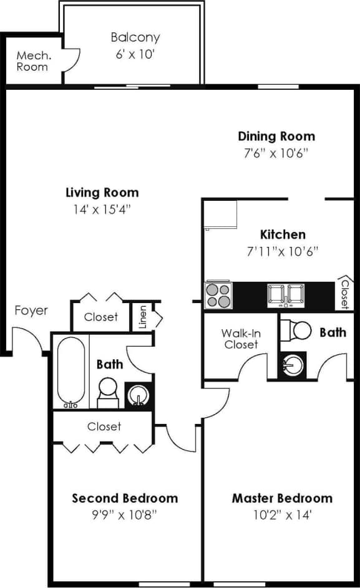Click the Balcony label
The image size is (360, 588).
(135, 37)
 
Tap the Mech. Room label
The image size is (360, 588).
(32, 61)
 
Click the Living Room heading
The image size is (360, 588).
(102, 192)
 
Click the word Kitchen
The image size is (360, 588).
(283, 234)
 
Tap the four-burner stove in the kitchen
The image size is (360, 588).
(218, 295)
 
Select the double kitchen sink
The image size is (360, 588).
(286, 294)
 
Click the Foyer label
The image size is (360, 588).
(31, 310)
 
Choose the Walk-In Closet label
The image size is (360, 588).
(240, 338)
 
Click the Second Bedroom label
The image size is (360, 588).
(125, 498)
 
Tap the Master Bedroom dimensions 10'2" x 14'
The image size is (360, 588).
(282, 515)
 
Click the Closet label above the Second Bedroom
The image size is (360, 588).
(104, 427)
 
